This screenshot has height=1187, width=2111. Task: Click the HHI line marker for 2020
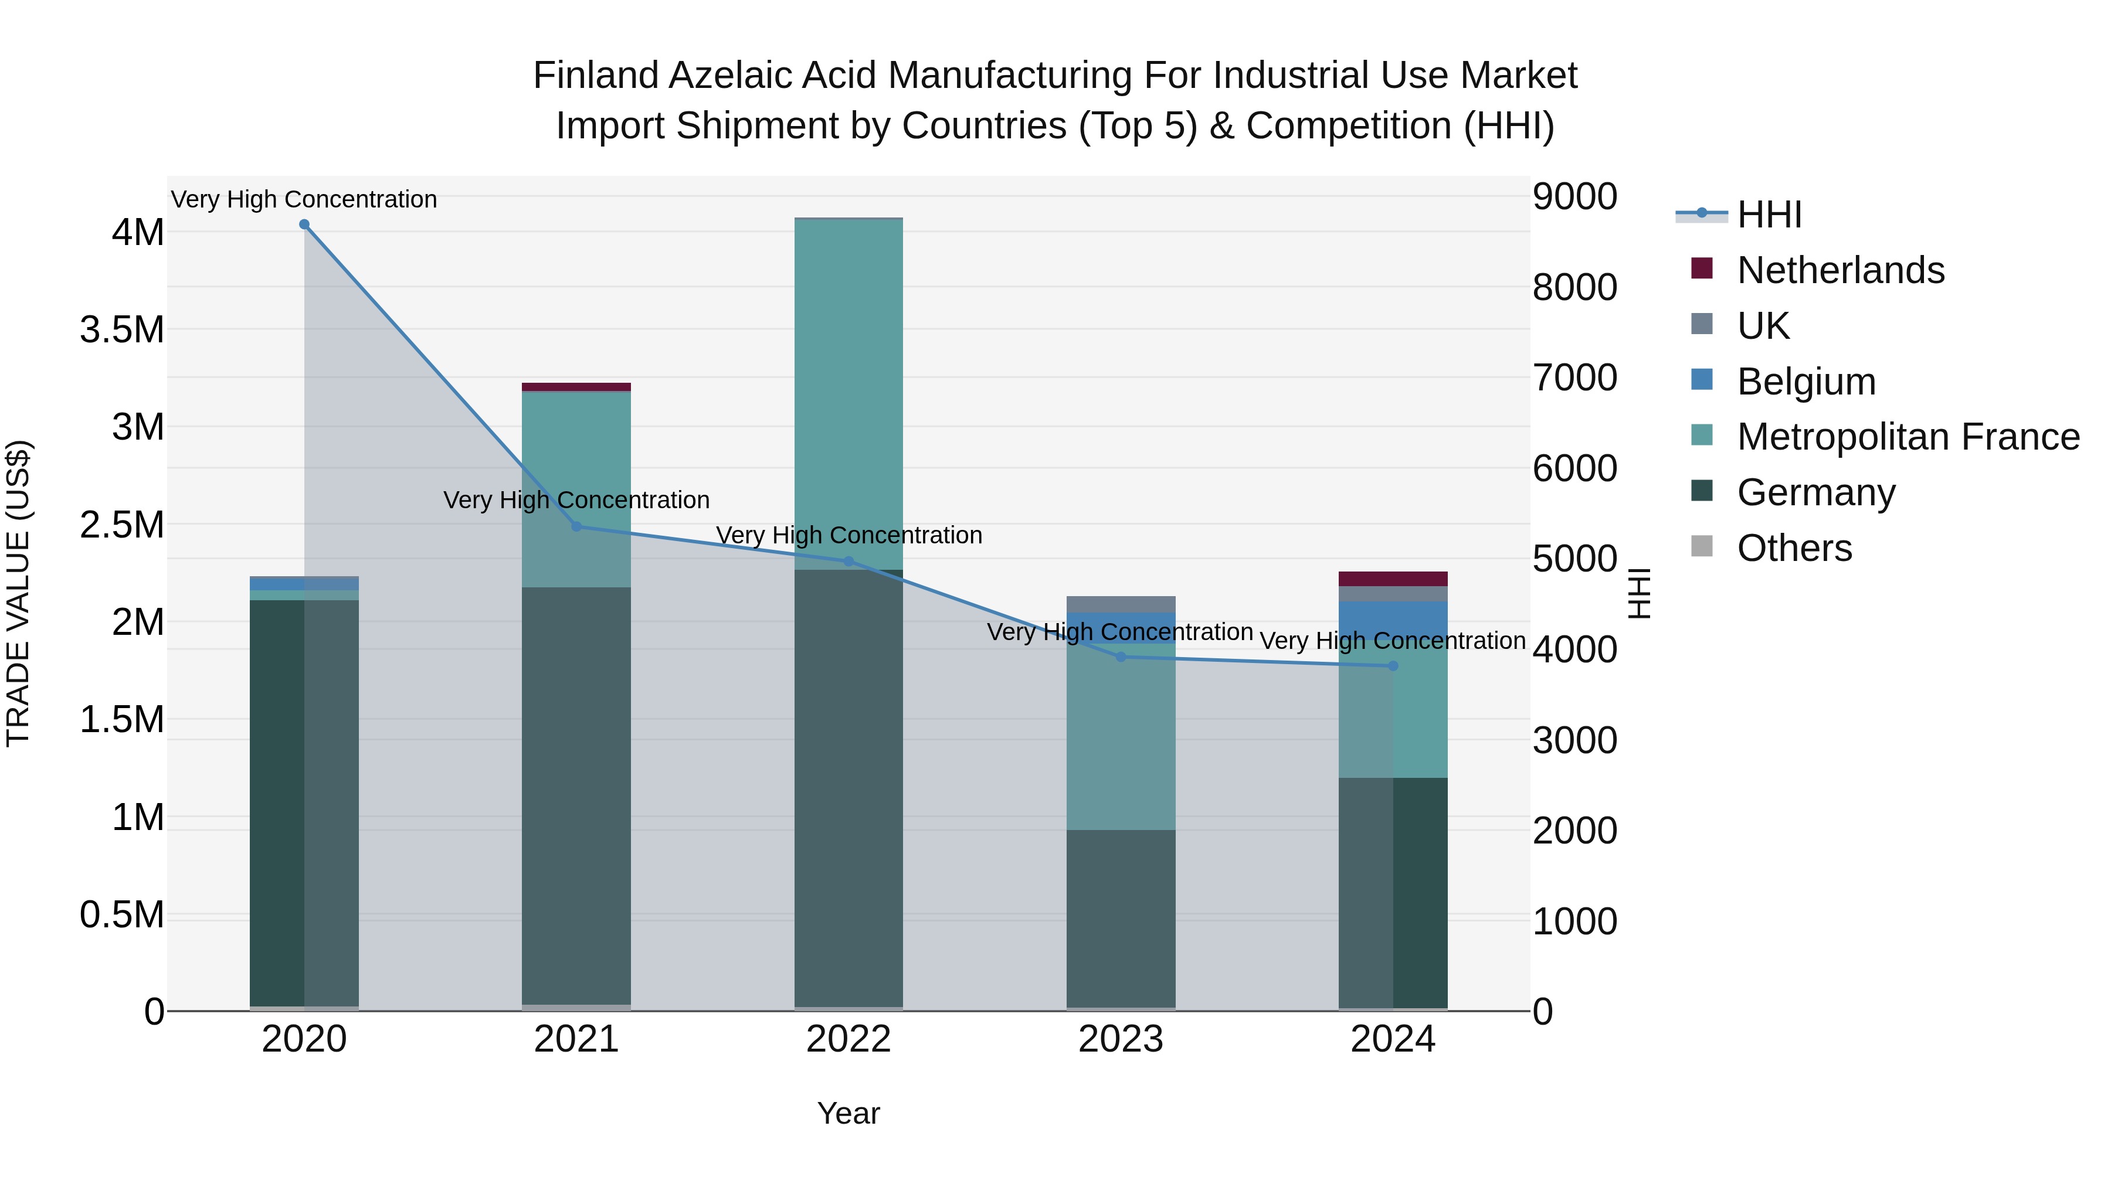pyautogui.click(x=304, y=225)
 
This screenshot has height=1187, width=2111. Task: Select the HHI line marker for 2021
pyautogui.click(x=576, y=527)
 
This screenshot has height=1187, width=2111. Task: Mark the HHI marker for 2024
pyautogui.click(x=1393, y=666)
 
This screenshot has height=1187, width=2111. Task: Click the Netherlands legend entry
pyautogui.click(x=1840, y=270)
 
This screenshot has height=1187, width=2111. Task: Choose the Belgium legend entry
pyautogui.click(x=1805, y=382)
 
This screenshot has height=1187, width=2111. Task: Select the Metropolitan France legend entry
pyautogui.click(x=1908, y=437)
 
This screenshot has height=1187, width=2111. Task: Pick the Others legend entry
pyautogui.click(x=1794, y=548)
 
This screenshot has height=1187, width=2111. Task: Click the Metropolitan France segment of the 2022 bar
pyautogui.click(x=848, y=393)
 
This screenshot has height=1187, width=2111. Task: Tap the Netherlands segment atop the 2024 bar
pyautogui.click(x=1393, y=579)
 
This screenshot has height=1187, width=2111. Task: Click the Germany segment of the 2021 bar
pyautogui.click(x=576, y=795)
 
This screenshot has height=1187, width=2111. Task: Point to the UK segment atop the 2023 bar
pyautogui.click(x=1121, y=604)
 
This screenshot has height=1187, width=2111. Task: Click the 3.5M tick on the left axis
pyautogui.click(x=121, y=330)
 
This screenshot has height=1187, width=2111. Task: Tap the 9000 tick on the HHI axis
pyautogui.click(x=1574, y=196)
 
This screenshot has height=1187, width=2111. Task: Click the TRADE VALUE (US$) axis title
pyautogui.click(x=18, y=593)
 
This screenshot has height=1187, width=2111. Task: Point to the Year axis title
pyautogui.click(x=848, y=1113)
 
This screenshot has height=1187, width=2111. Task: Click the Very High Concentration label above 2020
pyautogui.click(x=304, y=199)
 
